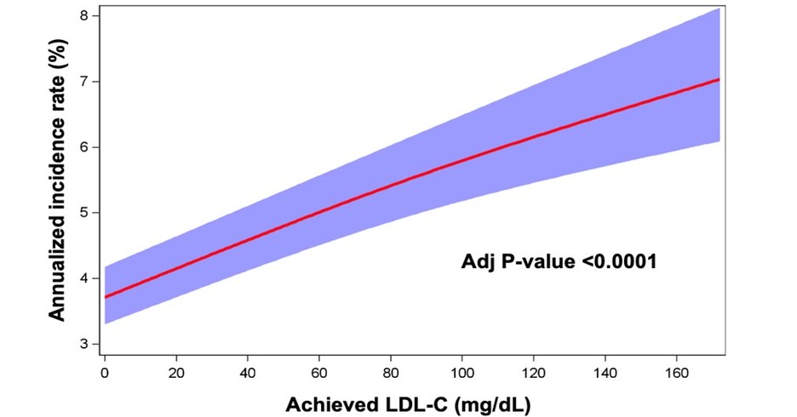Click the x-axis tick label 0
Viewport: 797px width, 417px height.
tap(104, 372)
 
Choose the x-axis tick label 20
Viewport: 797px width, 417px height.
tap(175, 372)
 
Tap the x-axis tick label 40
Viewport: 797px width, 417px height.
tap(247, 372)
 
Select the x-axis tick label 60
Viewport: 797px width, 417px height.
tap(318, 372)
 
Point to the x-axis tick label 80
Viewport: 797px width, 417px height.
tap(390, 372)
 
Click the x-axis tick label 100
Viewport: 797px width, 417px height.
tap(462, 372)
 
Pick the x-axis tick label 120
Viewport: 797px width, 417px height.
tap(533, 372)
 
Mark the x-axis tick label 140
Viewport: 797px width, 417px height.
tap(605, 372)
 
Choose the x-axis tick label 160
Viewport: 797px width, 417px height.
tap(676, 372)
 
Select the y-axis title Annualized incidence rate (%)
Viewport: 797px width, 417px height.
tap(56, 183)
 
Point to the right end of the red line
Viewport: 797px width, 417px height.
tap(720, 79)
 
